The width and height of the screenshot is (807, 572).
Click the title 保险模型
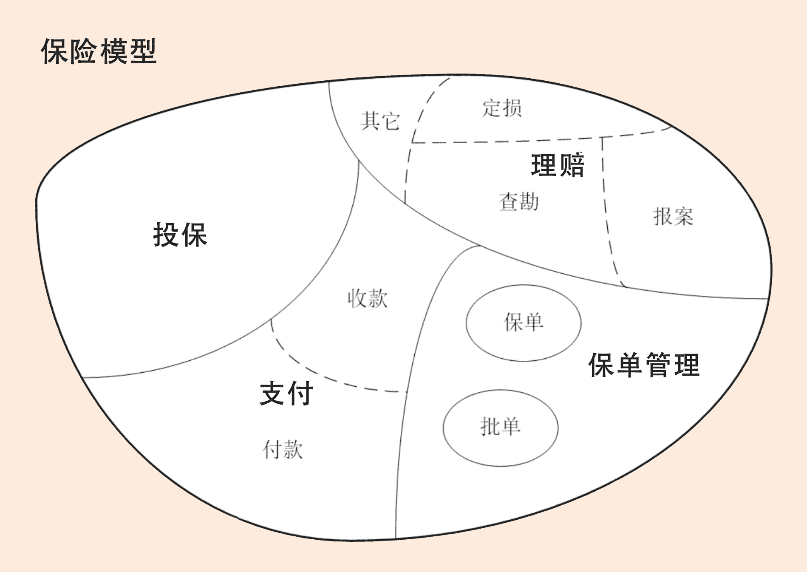point(99,51)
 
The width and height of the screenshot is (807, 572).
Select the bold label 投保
point(180,235)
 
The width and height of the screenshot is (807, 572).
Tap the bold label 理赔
point(558,165)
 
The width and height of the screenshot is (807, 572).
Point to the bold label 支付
point(286,393)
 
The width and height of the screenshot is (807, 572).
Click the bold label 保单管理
point(644,365)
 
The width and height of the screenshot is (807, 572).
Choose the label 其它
point(380,121)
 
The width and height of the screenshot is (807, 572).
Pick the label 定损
point(502,108)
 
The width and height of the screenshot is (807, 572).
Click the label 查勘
point(518,201)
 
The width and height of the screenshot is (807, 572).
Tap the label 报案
point(673,216)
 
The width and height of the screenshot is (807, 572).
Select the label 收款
point(368,298)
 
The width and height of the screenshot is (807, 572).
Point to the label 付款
point(283,450)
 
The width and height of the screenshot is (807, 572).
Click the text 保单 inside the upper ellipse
point(524,322)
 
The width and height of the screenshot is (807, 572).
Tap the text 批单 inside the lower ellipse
point(500,427)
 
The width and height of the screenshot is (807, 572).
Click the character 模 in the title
point(113,51)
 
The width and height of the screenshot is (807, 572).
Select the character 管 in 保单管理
point(658,365)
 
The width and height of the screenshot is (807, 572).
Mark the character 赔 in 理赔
point(572,165)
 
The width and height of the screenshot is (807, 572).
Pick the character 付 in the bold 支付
point(300,393)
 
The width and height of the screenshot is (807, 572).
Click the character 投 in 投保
point(166,235)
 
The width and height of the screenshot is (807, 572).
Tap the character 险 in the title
point(84,51)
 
